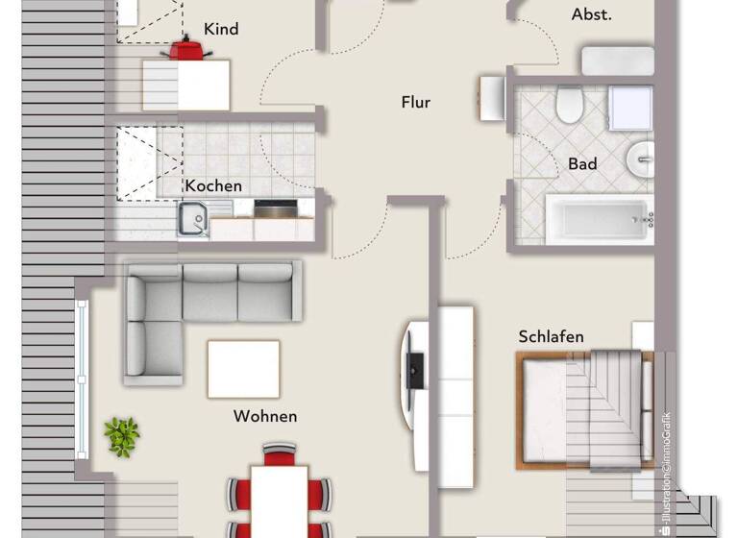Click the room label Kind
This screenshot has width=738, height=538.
(x=221, y=29)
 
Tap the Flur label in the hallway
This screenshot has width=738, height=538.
(x=415, y=102)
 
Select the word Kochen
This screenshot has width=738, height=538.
(x=213, y=185)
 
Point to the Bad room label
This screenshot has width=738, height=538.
(x=582, y=163)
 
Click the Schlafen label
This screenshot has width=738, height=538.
(x=551, y=336)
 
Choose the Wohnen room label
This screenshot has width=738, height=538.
(x=265, y=416)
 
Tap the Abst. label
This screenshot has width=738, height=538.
(x=591, y=14)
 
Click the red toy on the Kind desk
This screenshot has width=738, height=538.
(x=188, y=48)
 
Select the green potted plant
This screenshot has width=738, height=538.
(x=122, y=436)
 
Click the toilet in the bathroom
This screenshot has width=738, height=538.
(x=568, y=105)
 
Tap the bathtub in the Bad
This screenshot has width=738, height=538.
(x=598, y=220)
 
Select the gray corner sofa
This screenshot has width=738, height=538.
(x=192, y=307)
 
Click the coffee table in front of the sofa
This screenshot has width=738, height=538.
(x=244, y=368)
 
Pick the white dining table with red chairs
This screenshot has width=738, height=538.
(x=280, y=500)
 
